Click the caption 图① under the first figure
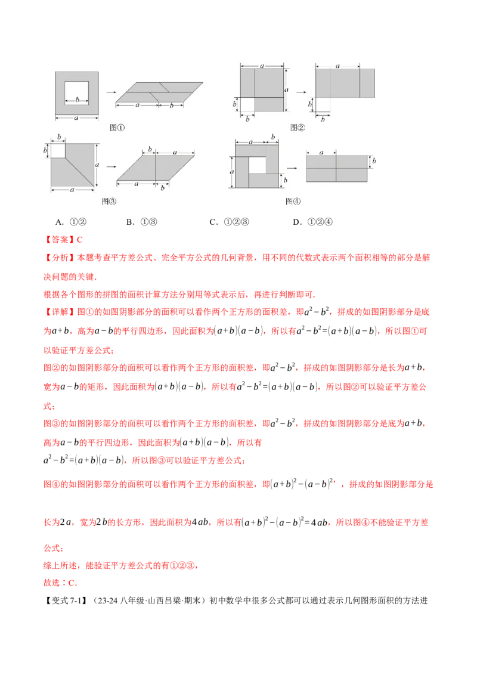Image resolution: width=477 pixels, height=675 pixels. point(117,128)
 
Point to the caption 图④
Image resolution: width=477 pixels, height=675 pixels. point(293,202)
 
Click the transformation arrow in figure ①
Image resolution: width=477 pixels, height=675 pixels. point(110,92)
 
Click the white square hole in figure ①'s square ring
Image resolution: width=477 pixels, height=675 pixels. point(78,92)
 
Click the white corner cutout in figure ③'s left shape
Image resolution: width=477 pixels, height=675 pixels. point(57,150)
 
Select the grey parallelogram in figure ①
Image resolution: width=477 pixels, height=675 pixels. point(159,92)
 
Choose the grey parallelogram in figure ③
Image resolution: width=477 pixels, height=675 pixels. point(156,168)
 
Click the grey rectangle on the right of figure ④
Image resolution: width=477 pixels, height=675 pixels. point(336,169)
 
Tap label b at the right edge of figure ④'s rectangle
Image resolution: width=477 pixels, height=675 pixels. point(374,162)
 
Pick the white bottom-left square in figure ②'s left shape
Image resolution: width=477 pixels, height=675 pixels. point(247,104)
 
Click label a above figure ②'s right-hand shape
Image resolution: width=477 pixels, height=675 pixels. point(337,65)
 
